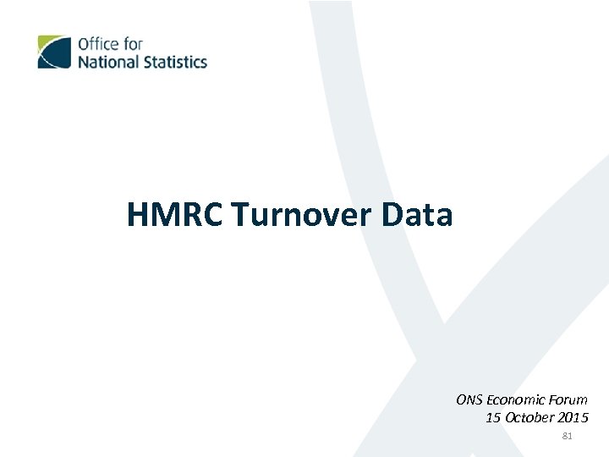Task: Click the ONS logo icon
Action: click(54, 52)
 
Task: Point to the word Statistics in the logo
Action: click(174, 62)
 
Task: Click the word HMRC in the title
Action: click(175, 215)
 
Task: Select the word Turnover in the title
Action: click(303, 215)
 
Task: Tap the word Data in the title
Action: click(417, 215)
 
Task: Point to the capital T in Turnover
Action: click(242, 215)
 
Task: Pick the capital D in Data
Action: click(393, 215)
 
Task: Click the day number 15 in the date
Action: click(493, 417)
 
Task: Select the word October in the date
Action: click(529, 417)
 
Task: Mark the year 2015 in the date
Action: click(573, 417)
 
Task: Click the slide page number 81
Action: click(567, 437)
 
